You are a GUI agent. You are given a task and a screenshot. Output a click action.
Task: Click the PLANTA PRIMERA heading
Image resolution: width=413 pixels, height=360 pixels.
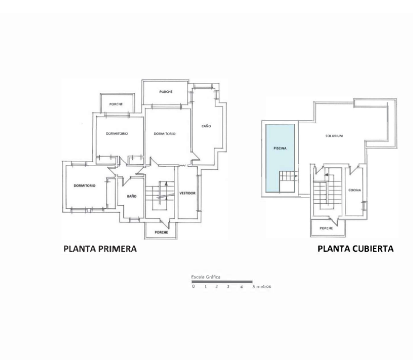100,249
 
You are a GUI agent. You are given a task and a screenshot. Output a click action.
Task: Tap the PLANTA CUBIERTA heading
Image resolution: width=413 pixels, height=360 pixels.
355,249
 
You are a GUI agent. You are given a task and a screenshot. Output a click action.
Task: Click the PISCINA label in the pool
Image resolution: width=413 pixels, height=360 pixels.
280,148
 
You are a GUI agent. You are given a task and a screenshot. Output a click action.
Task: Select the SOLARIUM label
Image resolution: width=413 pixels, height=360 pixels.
334,136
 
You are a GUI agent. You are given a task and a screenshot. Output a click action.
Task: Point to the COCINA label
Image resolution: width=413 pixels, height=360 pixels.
355,190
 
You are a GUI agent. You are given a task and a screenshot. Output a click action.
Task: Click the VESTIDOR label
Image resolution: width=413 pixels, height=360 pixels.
187,193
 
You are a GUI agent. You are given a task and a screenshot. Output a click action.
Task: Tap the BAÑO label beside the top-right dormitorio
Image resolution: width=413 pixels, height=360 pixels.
206,126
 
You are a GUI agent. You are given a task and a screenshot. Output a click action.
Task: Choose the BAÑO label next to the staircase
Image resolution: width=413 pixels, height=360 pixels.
132,196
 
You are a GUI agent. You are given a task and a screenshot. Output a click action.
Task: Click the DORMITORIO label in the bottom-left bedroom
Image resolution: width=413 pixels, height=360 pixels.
85,186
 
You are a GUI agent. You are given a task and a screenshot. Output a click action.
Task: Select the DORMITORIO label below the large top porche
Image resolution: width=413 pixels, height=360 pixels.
165,134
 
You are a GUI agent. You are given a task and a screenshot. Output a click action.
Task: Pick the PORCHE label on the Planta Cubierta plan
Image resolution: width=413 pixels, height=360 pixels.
326,228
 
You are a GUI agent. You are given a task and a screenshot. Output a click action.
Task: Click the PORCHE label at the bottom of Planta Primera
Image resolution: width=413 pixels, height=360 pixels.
161,233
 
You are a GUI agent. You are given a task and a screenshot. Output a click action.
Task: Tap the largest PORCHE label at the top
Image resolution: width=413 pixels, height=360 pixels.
166,92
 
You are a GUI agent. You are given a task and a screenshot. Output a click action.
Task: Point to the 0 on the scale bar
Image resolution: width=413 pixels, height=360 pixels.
193,286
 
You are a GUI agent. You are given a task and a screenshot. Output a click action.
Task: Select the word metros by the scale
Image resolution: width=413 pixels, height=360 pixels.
264,286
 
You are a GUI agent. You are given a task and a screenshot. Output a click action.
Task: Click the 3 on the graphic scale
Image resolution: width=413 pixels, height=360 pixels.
228,287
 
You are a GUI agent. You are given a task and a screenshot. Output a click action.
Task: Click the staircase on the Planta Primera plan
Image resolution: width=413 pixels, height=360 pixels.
160,195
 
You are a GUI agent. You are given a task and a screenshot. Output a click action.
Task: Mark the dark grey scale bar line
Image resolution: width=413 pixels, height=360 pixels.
222,282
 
